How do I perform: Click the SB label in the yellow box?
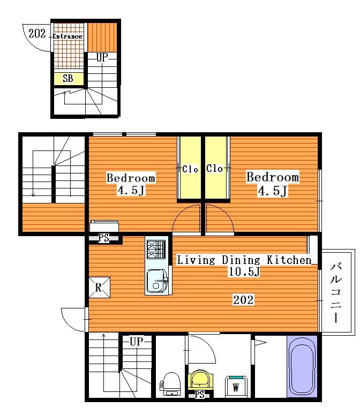pyautogui.click(x=68, y=78)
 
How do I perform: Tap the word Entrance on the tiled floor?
pyautogui.click(x=67, y=36)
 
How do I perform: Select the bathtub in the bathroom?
pyautogui.click(x=302, y=366)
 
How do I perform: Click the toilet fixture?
pyautogui.click(x=170, y=384)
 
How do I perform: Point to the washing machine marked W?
pyautogui.click(x=236, y=386)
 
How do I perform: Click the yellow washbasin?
pyautogui.click(x=200, y=380)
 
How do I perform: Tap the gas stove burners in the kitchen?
pyautogui.click(x=156, y=250)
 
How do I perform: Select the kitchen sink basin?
pyautogui.click(x=156, y=281)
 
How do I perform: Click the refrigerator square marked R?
pyautogui.click(x=99, y=288)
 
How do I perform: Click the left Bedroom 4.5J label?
pyautogui.click(x=131, y=184)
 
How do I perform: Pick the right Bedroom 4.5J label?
pyautogui.click(x=273, y=184)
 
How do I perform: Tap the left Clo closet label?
pyautogui.click(x=190, y=169)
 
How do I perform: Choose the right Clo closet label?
pyautogui.click(x=214, y=168)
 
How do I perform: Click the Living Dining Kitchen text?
pyautogui.click(x=244, y=260)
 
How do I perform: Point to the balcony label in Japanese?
pyautogui.click(x=336, y=293)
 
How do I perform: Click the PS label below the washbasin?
pyautogui.click(x=200, y=395)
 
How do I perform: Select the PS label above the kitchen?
pyautogui.click(x=103, y=238)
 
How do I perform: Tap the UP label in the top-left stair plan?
pyautogui.click(x=102, y=57)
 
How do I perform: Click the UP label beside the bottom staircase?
pyautogui.click(x=137, y=342)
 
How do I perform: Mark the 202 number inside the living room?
pyautogui.click(x=243, y=300)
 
